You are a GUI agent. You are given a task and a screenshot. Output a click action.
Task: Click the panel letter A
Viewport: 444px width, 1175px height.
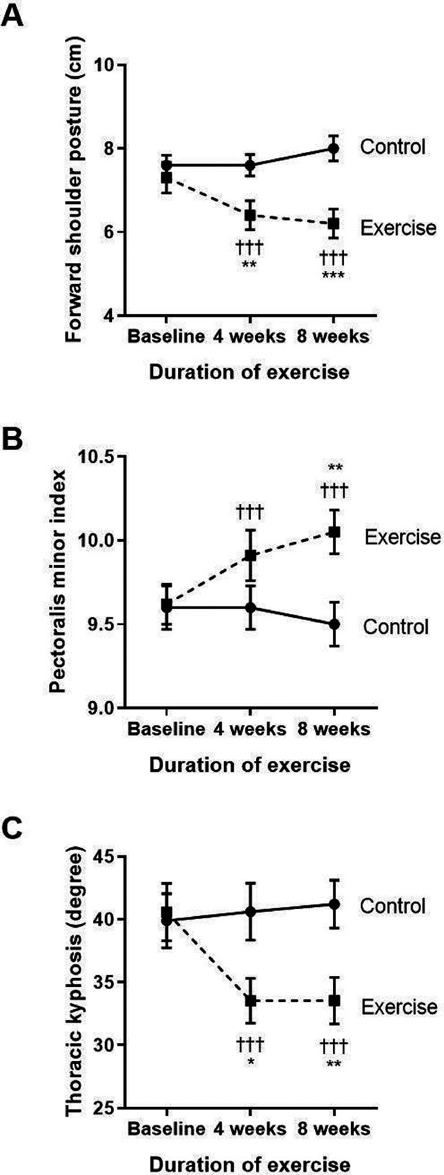(x=13, y=16)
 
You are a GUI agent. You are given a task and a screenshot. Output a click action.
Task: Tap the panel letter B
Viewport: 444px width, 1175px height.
(x=13, y=439)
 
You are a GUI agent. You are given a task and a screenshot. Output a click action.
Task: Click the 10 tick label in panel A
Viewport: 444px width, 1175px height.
(x=104, y=65)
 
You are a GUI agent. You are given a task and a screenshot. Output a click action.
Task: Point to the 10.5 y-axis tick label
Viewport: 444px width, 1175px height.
(x=99, y=456)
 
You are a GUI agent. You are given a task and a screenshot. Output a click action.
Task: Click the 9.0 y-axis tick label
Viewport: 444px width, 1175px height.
(x=102, y=708)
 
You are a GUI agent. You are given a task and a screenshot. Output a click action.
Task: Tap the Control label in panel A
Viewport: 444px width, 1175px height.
(x=393, y=147)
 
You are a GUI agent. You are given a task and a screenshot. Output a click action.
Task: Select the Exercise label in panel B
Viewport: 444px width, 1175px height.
(x=402, y=537)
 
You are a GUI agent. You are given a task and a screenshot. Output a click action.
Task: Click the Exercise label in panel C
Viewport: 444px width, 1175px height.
(x=399, y=1007)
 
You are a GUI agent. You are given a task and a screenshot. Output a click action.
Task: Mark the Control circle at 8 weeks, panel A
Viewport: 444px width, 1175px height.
(x=334, y=149)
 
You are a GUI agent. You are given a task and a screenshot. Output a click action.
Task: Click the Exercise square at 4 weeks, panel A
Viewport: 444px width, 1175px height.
(x=250, y=216)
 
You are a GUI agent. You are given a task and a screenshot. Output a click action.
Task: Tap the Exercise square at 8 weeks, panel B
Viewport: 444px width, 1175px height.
(x=334, y=532)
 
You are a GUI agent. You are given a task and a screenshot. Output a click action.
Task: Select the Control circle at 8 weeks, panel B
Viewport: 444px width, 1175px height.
(x=334, y=625)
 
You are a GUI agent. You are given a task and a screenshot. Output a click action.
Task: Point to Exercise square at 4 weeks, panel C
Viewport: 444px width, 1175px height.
(x=250, y=1001)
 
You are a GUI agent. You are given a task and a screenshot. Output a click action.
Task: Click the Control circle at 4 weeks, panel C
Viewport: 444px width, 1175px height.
(x=250, y=912)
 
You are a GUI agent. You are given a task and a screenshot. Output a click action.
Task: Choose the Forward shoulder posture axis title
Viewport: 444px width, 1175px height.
(x=74, y=190)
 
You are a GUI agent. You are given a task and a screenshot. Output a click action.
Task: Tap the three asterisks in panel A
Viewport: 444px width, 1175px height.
(x=334, y=275)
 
